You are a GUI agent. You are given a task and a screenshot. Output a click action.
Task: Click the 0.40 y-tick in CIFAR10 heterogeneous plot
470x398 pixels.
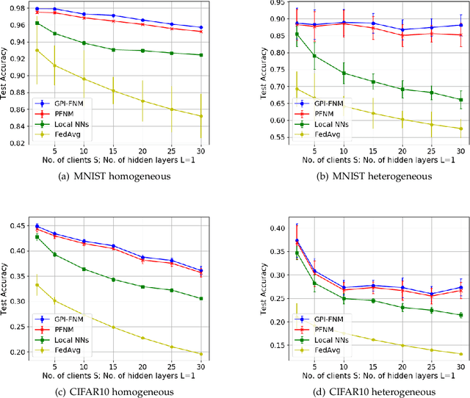[257, 228]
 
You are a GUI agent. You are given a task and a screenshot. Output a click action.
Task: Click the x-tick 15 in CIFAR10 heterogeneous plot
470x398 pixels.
[377, 366]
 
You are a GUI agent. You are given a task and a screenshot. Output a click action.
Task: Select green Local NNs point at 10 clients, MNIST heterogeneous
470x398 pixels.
[344, 73]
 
